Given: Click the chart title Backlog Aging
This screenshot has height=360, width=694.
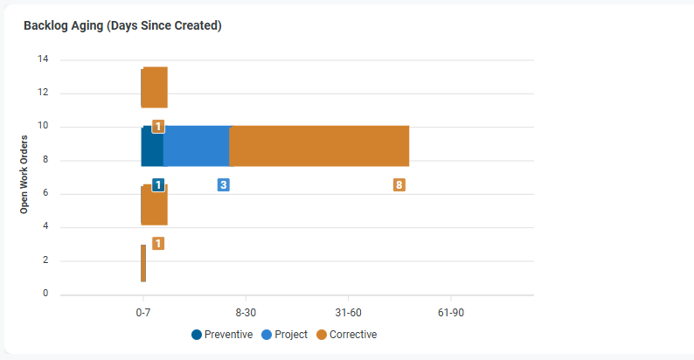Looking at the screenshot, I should coord(122,26).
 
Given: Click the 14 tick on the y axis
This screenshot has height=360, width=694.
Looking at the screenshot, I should coord(43,59).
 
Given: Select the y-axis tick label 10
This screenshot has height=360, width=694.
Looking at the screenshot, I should coord(43,127).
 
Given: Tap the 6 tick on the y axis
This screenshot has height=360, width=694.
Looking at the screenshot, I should coord(45,194).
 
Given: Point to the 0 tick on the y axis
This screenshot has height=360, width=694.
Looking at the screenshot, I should coord(45,294).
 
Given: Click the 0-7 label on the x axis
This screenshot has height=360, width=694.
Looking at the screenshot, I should coord(143,313).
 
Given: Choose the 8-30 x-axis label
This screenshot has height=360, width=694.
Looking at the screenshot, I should coord(246,313).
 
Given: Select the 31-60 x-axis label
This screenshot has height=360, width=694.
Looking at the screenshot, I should coord(348,313).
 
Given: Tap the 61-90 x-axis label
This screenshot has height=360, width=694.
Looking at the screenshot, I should coord(450,313).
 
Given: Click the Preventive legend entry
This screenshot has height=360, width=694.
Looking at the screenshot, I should coord(222,335).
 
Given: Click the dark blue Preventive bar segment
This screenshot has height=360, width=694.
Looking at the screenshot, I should coord(152,146).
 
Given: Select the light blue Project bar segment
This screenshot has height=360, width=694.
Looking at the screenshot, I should coord(196,146).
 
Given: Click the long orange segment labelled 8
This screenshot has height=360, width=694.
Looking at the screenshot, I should coord(319,146).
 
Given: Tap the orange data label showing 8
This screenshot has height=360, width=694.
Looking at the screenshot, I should coord(399,185).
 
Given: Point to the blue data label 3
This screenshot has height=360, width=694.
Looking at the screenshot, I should coord(224,185).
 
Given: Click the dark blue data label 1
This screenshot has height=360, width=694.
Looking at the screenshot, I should coord(158,185).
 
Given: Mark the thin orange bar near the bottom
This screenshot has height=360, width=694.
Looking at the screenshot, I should coord(143,263).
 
